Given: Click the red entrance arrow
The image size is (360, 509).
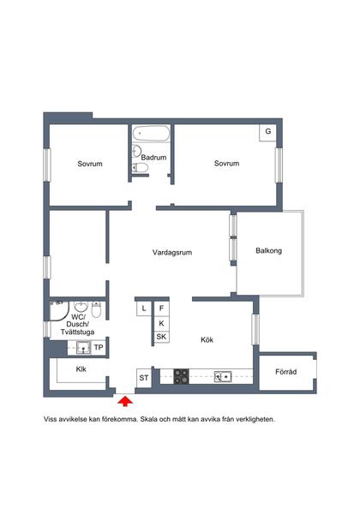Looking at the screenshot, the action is pyautogui.click(x=125, y=401).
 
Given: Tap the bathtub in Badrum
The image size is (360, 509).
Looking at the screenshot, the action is pyautogui.click(x=151, y=134).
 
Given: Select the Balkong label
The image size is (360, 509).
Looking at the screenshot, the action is pyautogui.click(x=268, y=250).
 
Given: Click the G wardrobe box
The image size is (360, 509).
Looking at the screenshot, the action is pyautogui.click(x=267, y=133).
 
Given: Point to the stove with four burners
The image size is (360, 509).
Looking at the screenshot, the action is pyautogui.click(x=181, y=376).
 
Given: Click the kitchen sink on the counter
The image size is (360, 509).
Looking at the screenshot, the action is pyautogui.click(x=223, y=376).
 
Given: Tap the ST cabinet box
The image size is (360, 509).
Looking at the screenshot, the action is pyautogui.click(x=144, y=378).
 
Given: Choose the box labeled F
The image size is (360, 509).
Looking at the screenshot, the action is pyautogui.click(x=161, y=308).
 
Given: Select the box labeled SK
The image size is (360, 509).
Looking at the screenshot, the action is pyautogui.click(x=161, y=337).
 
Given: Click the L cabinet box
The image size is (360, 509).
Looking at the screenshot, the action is pyautogui.click(x=144, y=308).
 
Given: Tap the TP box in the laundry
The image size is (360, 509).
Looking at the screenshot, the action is pyautogui.click(x=99, y=348).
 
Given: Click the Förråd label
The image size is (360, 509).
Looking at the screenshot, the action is pyautogui.click(x=285, y=372).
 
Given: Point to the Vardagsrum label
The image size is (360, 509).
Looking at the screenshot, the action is pyautogui.click(x=172, y=252).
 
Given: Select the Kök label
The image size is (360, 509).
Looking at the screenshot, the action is pyautogui.click(x=207, y=339).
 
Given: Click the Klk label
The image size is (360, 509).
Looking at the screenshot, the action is pyautogui.click(x=81, y=369).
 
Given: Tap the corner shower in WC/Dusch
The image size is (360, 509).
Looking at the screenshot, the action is pyautogui.click(x=59, y=311).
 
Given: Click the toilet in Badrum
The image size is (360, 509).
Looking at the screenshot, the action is pyautogui.click(x=141, y=168).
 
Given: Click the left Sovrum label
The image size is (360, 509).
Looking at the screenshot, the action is pyautogui.click(x=90, y=164).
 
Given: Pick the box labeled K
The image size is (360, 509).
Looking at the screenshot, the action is pyautogui.click(x=161, y=323).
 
